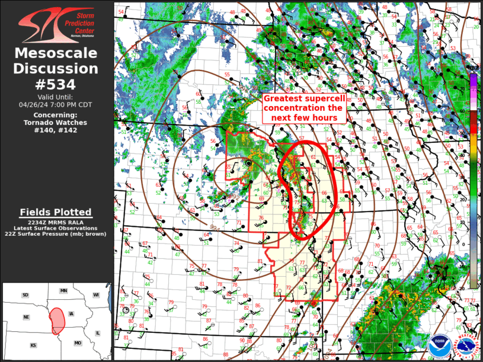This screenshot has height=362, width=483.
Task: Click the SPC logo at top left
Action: (56, 24)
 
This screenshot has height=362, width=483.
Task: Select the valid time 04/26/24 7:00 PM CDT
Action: (56, 104)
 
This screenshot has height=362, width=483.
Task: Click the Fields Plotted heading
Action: (56, 212)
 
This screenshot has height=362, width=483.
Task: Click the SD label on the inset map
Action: (25, 295)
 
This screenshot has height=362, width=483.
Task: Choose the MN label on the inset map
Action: (63, 291)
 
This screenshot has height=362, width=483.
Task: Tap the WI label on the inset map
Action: (95, 295)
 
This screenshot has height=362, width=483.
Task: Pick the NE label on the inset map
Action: (26, 317)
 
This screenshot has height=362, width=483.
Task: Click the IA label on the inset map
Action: (72, 314)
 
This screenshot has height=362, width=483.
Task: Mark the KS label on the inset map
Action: (33, 345)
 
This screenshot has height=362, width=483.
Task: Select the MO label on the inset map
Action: (78, 343)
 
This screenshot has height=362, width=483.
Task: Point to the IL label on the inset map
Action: (98, 334)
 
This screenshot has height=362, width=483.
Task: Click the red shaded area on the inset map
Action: (57, 321)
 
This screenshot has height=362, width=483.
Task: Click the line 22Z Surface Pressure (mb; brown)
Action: (56, 234)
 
